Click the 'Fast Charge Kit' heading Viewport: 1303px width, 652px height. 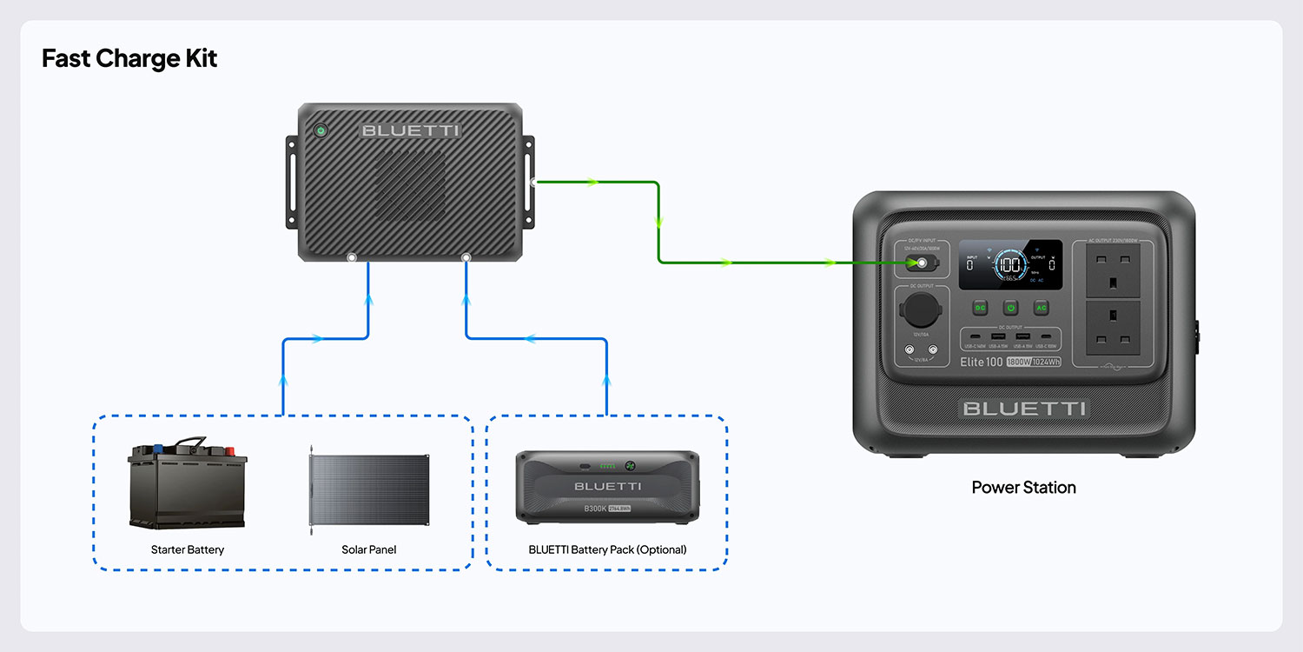point(129,59)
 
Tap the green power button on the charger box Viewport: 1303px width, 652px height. point(321,130)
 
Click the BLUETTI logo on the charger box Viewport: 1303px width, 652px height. point(411,131)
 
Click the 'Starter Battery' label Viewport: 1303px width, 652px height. point(188,549)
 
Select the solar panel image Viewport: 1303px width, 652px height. point(369,491)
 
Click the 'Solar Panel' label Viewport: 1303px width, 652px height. point(369,549)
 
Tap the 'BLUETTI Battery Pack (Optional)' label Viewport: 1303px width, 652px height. point(607,549)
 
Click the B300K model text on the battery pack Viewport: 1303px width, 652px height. point(595,509)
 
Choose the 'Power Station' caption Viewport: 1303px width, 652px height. point(1023,488)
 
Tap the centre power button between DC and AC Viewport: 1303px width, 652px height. point(1010,308)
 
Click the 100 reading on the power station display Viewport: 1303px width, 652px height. point(1009,264)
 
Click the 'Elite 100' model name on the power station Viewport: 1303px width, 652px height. point(981,362)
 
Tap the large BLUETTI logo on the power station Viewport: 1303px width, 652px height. point(1023,409)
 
